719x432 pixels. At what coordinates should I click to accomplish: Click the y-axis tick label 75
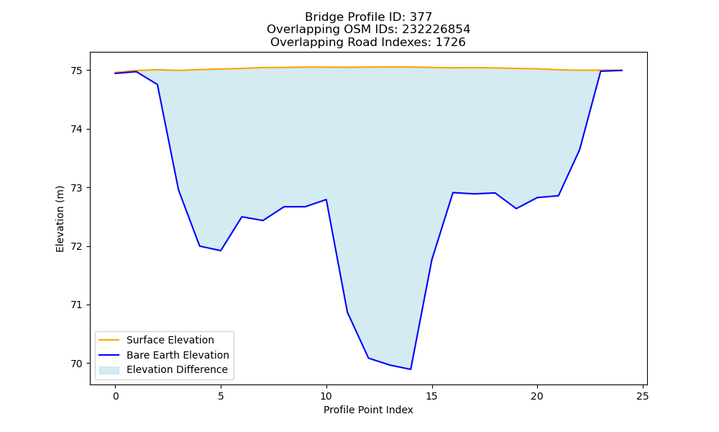click(76, 71)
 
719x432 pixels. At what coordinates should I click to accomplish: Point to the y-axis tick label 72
click(76, 246)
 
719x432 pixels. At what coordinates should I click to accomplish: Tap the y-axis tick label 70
click(76, 364)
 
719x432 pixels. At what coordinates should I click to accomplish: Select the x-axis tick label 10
click(326, 396)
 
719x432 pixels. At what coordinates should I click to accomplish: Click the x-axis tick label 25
click(643, 396)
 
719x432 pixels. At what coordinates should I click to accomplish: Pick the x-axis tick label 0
click(116, 396)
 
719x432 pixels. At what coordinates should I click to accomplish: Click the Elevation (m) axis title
click(60, 219)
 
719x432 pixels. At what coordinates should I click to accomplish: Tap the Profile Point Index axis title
click(368, 410)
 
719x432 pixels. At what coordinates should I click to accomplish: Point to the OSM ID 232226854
click(436, 30)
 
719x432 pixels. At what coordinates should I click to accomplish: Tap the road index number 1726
click(450, 42)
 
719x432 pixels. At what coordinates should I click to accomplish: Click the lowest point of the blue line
click(411, 369)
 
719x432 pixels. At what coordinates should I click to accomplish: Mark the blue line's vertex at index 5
click(221, 251)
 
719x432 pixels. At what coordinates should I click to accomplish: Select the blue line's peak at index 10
click(326, 199)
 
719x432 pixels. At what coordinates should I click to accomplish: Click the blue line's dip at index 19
click(516, 208)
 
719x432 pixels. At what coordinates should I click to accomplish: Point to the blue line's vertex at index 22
click(580, 150)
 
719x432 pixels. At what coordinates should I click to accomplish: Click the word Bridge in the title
click(321, 17)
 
